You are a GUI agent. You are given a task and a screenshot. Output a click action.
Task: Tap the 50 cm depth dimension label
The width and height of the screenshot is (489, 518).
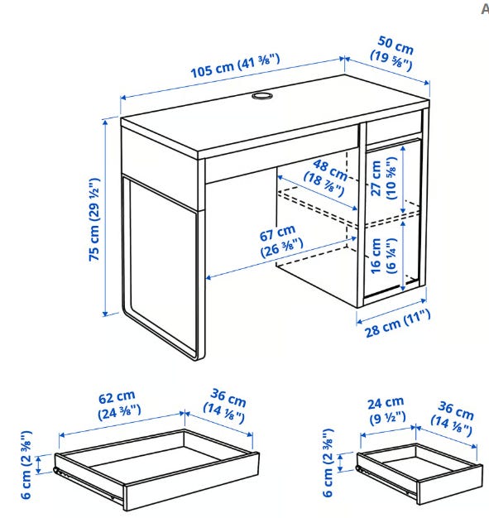point(392,53)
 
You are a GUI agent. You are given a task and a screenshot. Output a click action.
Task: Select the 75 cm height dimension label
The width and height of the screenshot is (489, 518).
point(94,219)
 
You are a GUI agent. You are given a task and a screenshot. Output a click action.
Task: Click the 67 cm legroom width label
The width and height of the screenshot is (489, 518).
point(280,241)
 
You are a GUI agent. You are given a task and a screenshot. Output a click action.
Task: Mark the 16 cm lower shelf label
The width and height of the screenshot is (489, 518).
point(384,256)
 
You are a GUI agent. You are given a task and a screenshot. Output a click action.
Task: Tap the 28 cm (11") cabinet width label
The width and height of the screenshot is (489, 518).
point(398,324)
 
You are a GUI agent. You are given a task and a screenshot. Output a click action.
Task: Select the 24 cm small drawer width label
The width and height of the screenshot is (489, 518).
point(386,410)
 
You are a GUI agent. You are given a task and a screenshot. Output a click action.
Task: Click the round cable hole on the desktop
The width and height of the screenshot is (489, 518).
point(262,96)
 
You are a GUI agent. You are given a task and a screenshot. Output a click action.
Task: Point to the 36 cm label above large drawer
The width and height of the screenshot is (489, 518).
point(225,406)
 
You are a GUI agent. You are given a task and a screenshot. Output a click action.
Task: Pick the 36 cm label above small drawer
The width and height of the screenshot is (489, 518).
point(452,418)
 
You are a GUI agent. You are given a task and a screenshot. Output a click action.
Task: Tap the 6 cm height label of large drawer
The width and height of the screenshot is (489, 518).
point(26,464)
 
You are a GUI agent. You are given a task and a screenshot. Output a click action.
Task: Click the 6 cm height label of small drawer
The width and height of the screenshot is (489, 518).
point(328,463)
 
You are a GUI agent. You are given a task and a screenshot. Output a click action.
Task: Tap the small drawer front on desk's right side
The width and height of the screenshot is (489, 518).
point(395,124)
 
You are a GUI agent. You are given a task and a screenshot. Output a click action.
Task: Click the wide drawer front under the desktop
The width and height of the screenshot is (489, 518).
point(281,154)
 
